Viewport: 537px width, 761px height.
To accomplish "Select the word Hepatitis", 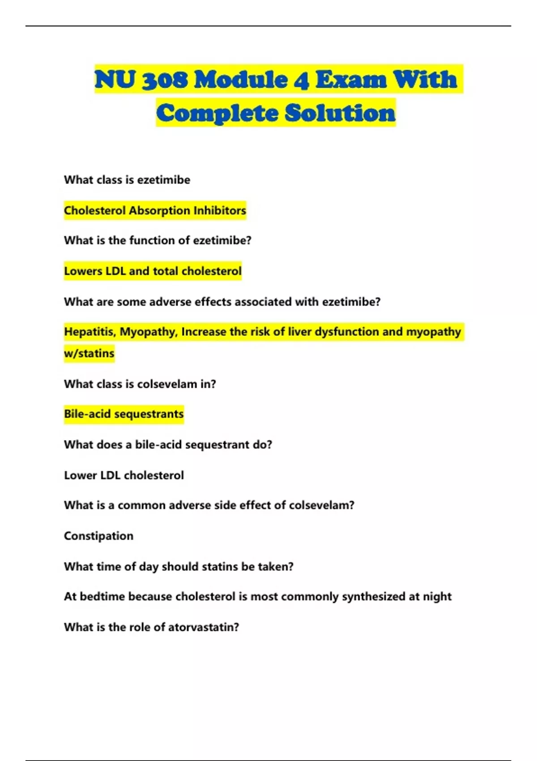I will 90,332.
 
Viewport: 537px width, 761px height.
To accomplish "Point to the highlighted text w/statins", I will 89,354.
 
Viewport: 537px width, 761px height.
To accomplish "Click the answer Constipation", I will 98,536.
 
